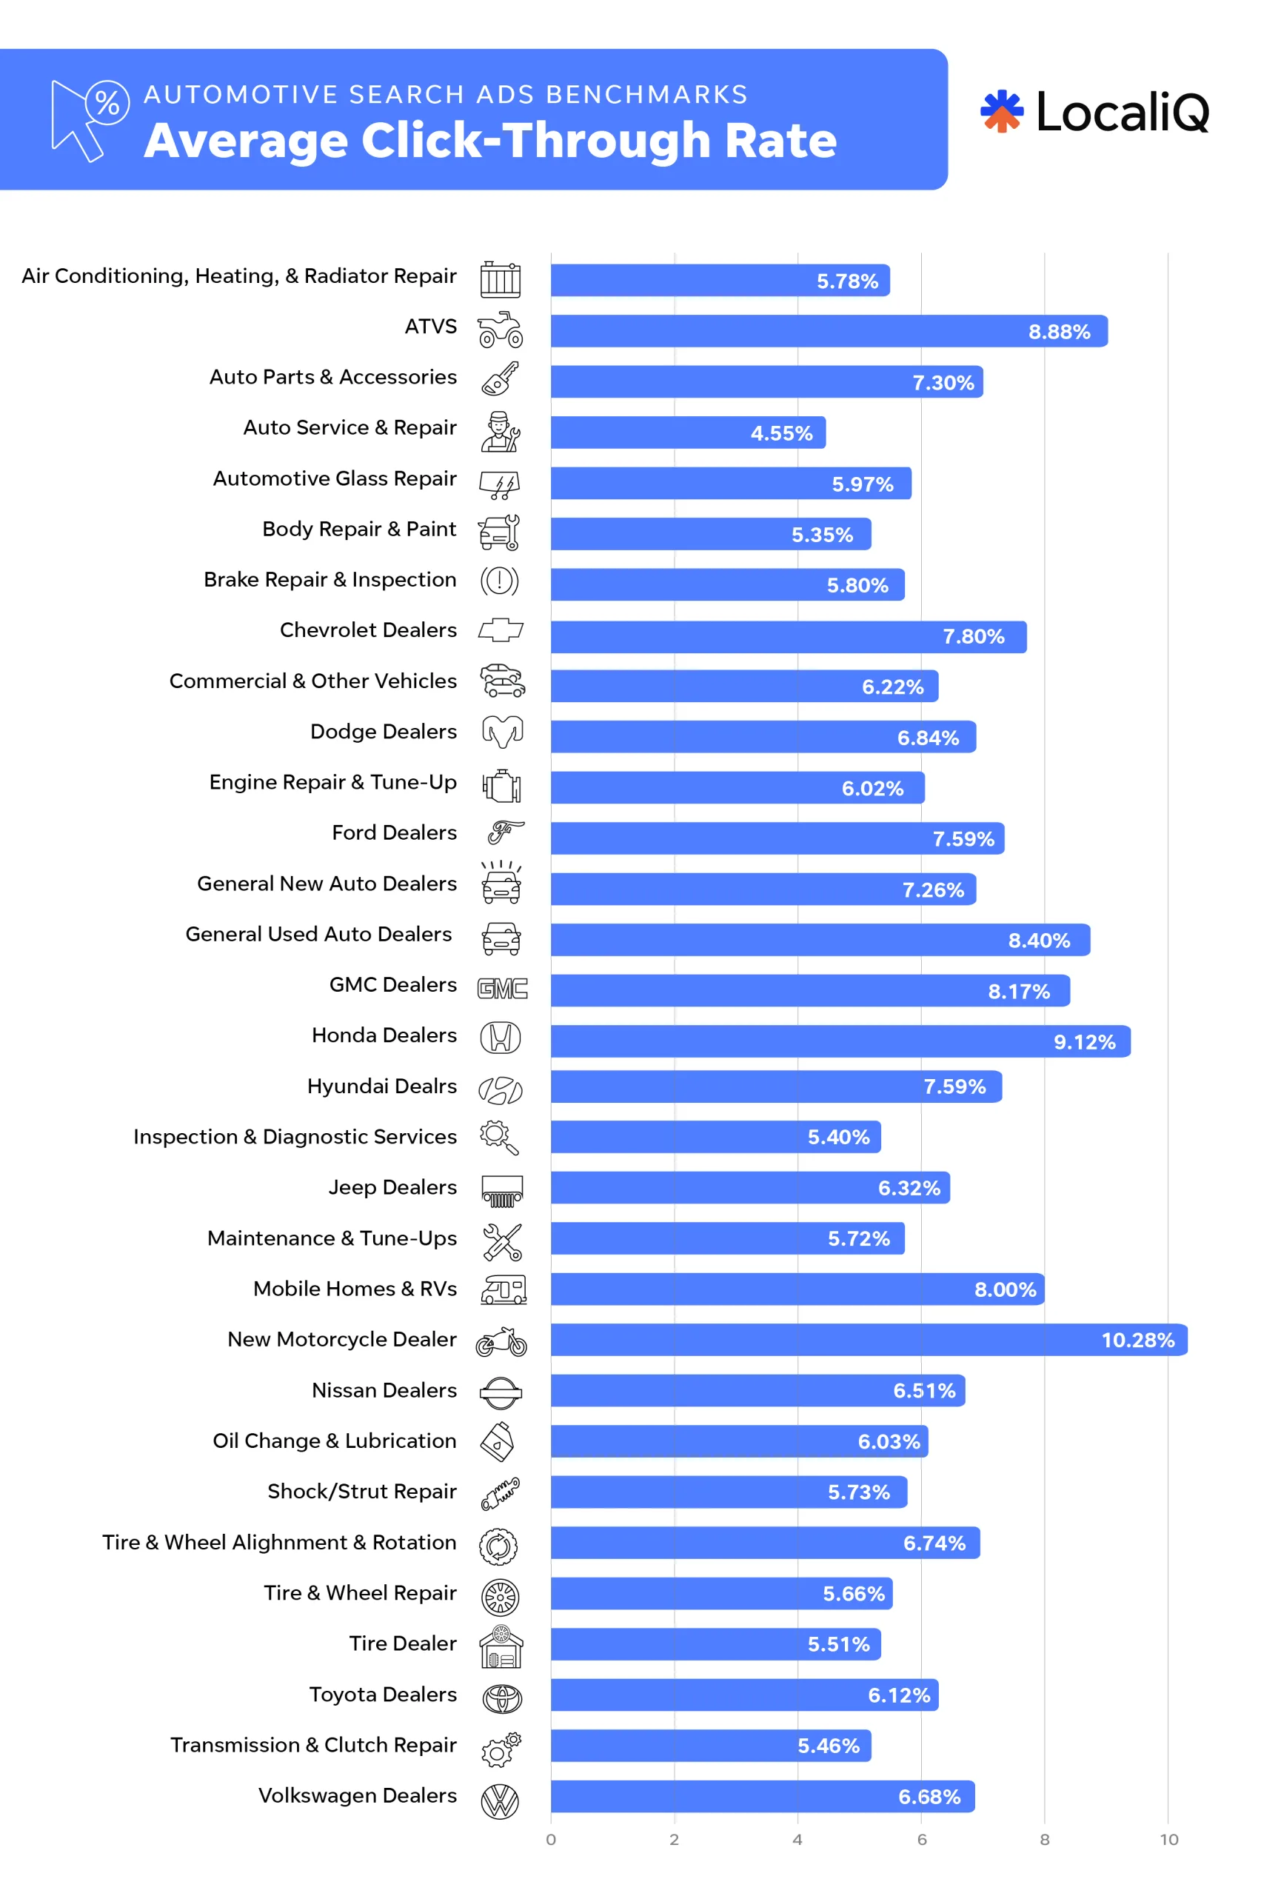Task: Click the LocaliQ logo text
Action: [x=1121, y=112]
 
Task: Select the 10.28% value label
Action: [x=1137, y=1340]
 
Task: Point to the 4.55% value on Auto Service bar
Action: [x=781, y=433]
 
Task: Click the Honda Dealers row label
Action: [x=384, y=1035]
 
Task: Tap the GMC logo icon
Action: [x=502, y=989]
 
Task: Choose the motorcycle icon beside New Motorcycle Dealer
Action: [x=501, y=1342]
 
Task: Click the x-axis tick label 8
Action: [x=1044, y=1840]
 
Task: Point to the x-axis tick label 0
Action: [x=551, y=1840]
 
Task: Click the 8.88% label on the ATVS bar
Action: [x=1058, y=333]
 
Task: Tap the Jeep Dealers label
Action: [x=392, y=1187]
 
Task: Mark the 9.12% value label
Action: [x=1084, y=1043]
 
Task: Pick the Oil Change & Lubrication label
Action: [x=334, y=1441]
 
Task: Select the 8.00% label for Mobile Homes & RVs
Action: [x=1005, y=1290]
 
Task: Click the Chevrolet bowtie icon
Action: [x=501, y=630]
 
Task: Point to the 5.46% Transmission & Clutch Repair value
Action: [x=828, y=1746]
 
